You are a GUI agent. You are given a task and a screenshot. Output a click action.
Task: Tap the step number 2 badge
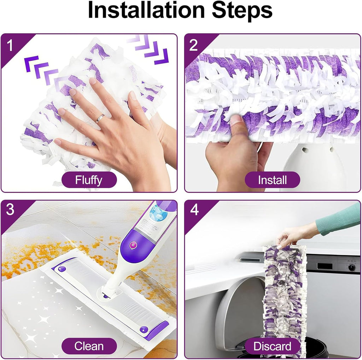[193, 45]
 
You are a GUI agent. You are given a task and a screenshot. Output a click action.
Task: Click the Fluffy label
[89, 180]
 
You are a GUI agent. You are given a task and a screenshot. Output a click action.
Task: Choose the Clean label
[89, 346]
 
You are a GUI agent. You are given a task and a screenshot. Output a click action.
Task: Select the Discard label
[272, 346]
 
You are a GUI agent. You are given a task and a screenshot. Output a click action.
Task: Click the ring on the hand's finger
[100, 119]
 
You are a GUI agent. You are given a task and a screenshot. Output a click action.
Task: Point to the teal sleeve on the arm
[338, 220]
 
